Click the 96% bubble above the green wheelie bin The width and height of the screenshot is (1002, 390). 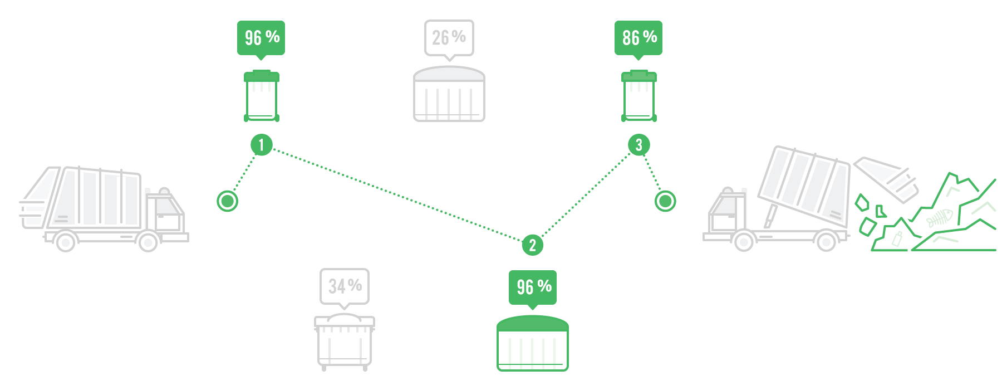click(261, 37)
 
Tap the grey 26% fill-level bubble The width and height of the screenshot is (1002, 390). click(449, 37)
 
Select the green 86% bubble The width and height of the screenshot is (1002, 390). click(638, 37)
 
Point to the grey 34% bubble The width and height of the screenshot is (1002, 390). click(345, 286)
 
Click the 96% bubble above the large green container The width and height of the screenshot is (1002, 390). click(533, 286)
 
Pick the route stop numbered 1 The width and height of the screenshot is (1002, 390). click(261, 145)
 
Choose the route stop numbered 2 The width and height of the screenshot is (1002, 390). click(532, 245)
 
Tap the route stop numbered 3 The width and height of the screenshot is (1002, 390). click(638, 145)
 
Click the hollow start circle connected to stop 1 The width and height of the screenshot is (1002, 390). click(227, 201)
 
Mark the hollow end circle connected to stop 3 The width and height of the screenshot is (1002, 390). click(665, 201)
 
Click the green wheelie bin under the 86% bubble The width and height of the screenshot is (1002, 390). click(638, 97)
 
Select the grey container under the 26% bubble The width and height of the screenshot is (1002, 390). click(449, 95)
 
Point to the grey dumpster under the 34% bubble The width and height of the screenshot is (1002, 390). click(345, 341)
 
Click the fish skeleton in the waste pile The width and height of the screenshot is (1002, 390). click(940, 218)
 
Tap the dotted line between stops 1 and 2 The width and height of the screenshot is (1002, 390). click(396, 195)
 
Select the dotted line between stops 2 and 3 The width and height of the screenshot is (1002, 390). click(586, 194)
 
